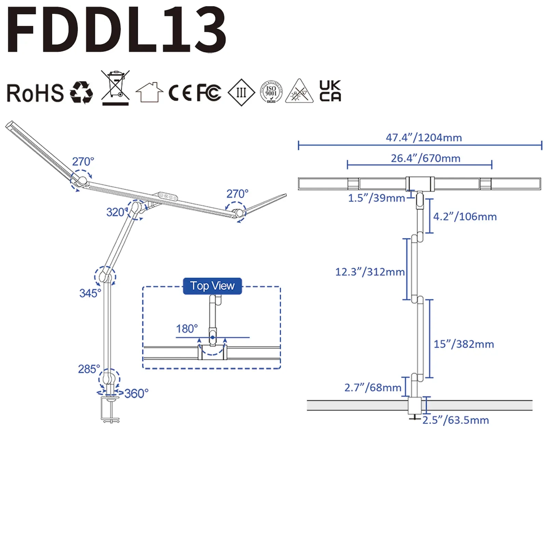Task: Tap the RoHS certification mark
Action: tap(35, 93)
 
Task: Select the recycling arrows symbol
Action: tap(81, 92)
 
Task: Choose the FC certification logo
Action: tap(209, 92)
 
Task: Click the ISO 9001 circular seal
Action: tap(271, 92)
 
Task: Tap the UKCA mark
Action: tap(330, 91)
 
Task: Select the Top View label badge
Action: tap(212, 286)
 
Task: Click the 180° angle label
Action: tap(187, 329)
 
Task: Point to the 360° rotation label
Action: tap(136, 393)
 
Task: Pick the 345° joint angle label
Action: tap(90, 293)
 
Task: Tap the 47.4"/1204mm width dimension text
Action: tap(424, 137)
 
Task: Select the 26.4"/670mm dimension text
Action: tap(426, 158)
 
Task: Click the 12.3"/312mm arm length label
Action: tap(370, 272)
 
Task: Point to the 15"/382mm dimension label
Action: tap(464, 344)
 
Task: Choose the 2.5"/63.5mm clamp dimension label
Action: tap(456, 420)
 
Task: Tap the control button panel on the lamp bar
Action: tap(168, 196)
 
